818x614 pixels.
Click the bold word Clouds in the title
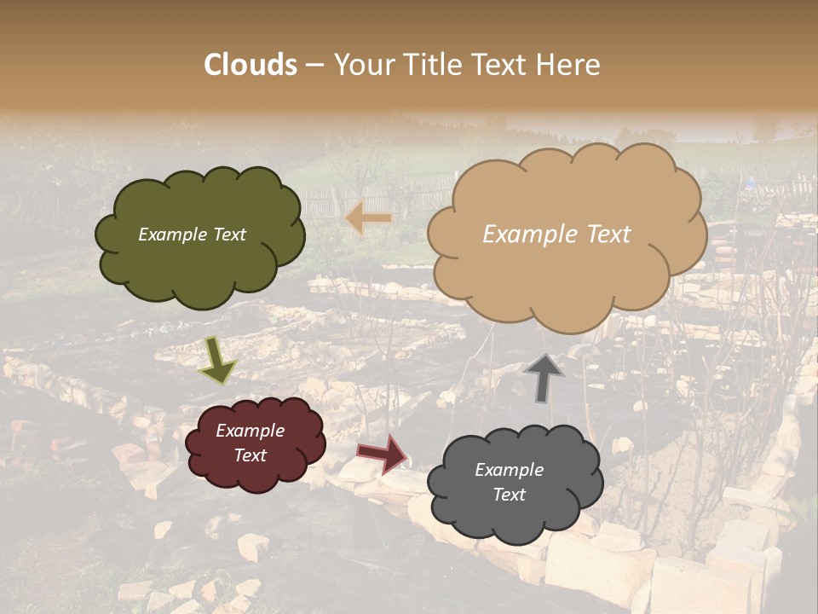251,65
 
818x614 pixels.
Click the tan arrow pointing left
369,219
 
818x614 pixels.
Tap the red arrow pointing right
383,452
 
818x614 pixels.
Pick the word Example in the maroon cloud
250,431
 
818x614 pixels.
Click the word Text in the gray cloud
509,495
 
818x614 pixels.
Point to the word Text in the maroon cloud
250,455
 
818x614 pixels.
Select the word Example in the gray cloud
509,470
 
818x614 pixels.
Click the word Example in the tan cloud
528,235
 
